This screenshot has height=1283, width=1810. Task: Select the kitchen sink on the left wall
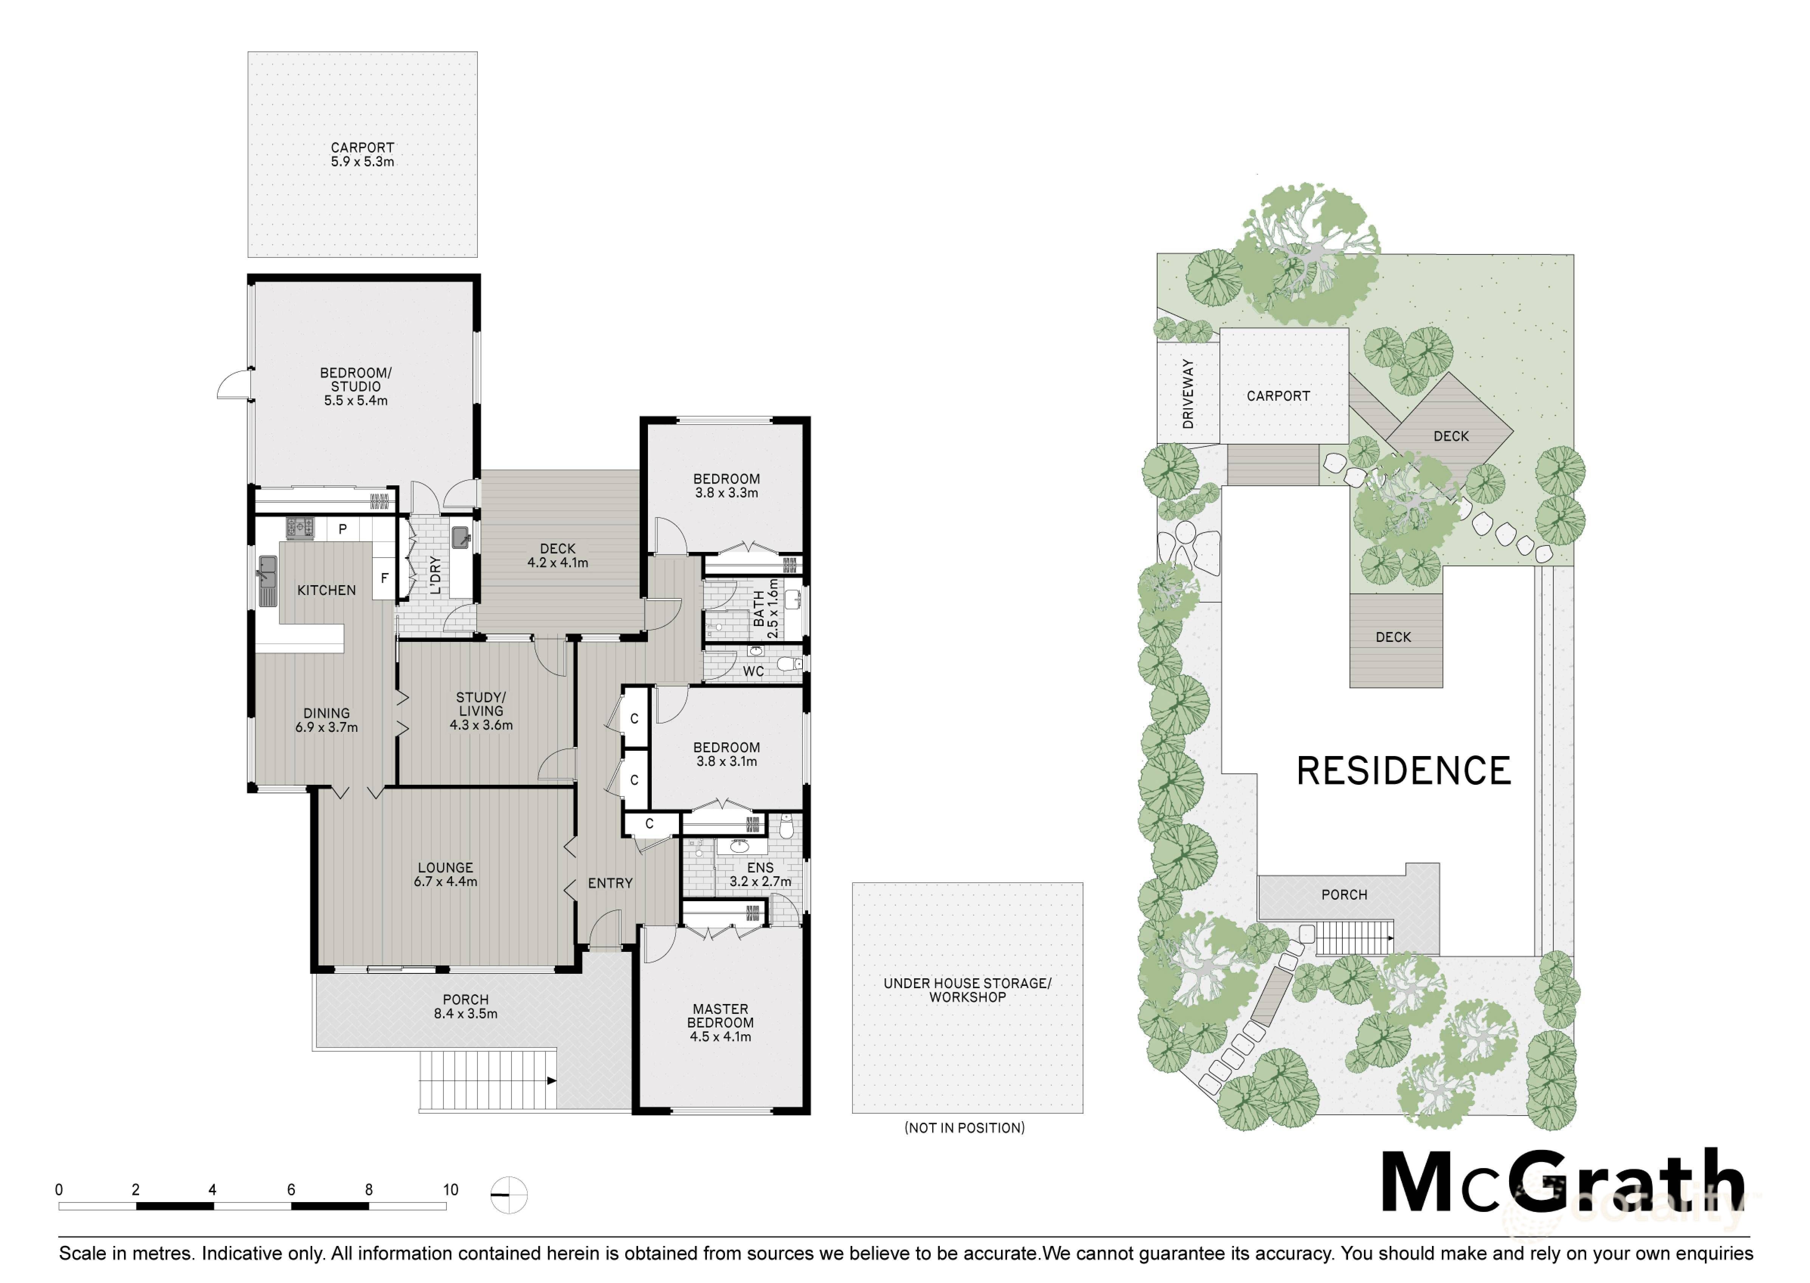point(268,581)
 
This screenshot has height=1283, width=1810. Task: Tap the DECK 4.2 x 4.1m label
point(558,555)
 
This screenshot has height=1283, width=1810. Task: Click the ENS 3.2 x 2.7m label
point(760,875)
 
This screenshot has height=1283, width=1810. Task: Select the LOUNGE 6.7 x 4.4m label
point(446,875)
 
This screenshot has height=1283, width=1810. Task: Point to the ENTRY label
point(610,883)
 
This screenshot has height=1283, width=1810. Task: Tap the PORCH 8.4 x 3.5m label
point(465,1007)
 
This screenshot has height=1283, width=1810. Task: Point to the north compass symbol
point(509,1195)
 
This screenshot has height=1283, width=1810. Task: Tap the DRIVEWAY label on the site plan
point(1188,394)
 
